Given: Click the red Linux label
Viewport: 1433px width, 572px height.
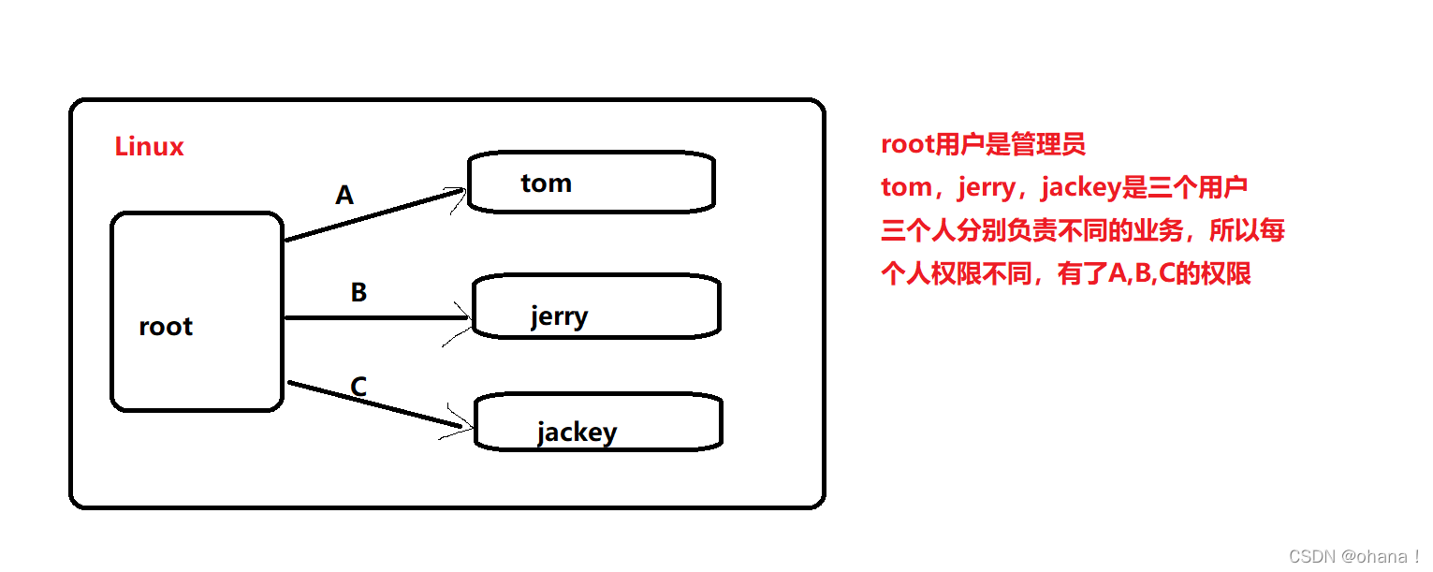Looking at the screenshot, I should point(149,147).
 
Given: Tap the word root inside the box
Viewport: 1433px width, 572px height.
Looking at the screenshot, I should point(166,327).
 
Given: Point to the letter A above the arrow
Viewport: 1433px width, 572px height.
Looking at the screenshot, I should point(344,196).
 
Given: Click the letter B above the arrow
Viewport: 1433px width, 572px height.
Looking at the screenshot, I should point(358,293).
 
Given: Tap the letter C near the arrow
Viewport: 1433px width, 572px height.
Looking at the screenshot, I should point(358,386).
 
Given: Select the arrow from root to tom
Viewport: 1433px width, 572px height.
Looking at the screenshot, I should point(374,216).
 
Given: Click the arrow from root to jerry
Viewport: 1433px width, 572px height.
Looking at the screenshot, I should point(374,317).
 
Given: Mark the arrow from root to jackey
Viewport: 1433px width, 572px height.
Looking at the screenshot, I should point(374,404).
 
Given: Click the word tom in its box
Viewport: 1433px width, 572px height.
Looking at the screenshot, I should point(546,183).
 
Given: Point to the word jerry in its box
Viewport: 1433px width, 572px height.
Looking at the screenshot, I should point(559,316).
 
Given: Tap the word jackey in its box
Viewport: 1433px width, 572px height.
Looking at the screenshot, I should point(577,433).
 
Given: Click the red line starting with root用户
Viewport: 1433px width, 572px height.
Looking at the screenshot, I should point(983,144).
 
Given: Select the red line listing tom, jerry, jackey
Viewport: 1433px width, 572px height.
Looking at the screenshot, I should point(1064,187).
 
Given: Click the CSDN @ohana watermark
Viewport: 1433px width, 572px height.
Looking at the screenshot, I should point(1353,556).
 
